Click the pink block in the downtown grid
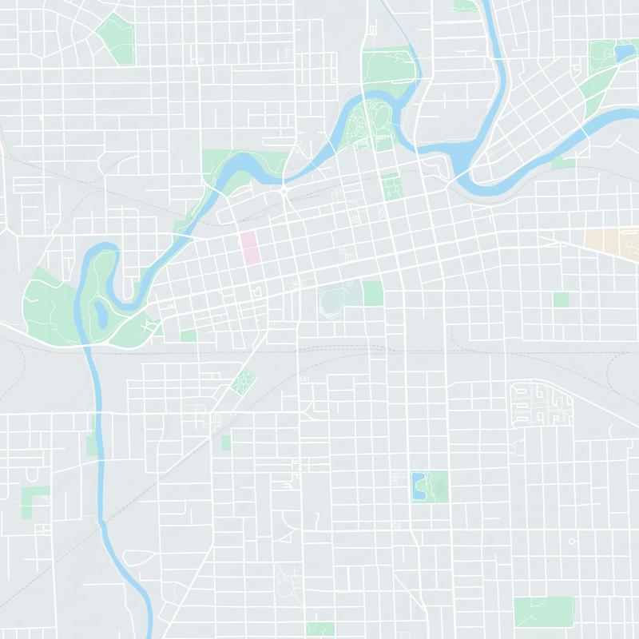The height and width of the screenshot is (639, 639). point(251,247)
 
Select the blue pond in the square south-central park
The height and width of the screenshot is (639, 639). point(418,486)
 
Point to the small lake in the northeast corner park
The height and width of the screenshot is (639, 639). point(621,54)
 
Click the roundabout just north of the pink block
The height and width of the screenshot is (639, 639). point(284,192)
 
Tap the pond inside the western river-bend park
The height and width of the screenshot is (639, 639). point(101,312)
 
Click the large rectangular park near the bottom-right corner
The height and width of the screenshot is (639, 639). point(544,611)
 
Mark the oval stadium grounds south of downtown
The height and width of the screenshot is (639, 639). point(333,302)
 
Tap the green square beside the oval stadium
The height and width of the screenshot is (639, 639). point(373,293)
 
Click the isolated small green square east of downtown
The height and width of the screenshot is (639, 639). point(561,299)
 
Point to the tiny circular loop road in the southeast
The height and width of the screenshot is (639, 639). point(573,541)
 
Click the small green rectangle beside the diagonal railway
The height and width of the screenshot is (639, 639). point(226,442)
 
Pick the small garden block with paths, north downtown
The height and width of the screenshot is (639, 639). point(391,188)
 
